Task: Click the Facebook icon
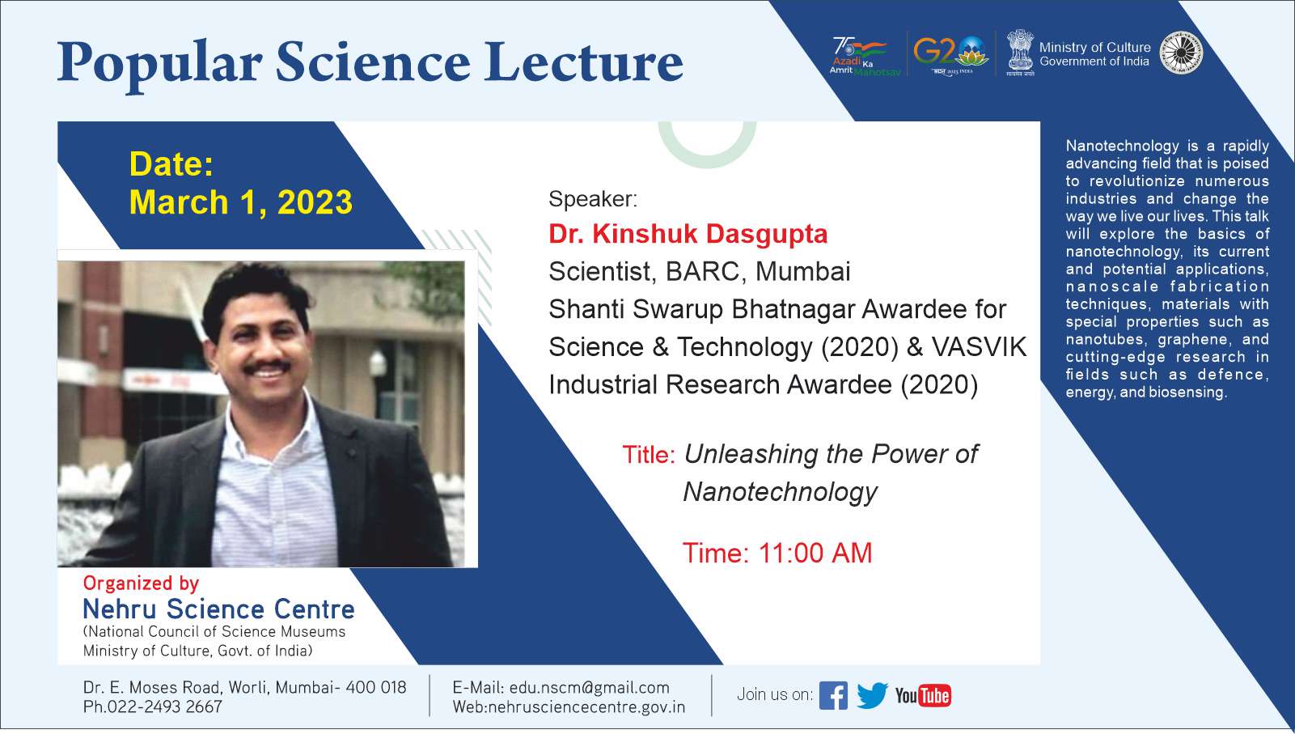click(833, 695)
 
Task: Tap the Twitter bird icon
click(872, 695)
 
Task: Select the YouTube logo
click(923, 695)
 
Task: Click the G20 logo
click(951, 53)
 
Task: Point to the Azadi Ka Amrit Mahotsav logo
click(864, 56)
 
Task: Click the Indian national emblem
click(1020, 53)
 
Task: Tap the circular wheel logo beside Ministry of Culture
click(1181, 53)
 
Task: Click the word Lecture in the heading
click(584, 62)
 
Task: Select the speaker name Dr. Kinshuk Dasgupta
click(688, 234)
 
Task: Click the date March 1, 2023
click(240, 202)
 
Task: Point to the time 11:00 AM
click(815, 553)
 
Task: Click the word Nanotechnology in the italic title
click(780, 492)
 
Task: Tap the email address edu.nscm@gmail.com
click(589, 687)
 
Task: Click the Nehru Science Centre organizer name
click(218, 609)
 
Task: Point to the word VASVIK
click(979, 347)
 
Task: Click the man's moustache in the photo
click(266, 366)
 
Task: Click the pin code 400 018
click(376, 687)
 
